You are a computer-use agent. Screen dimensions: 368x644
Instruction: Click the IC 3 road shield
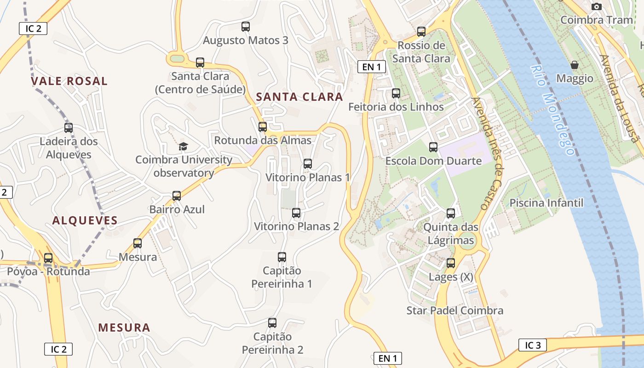pyautogui.click(x=533, y=345)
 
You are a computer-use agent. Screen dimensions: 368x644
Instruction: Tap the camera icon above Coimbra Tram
pyautogui.click(x=597, y=6)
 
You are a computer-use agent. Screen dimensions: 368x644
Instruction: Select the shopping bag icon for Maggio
pyautogui.click(x=574, y=65)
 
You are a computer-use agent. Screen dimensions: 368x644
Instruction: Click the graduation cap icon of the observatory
pyautogui.click(x=183, y=146)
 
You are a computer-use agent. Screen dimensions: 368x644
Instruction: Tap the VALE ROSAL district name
pyautogui.click(x=69, y=81)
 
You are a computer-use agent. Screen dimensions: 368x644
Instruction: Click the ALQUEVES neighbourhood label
pyautogui.click(x=85, y=220)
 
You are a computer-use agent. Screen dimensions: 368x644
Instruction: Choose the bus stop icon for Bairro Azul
pyautogui.click(x=177, y=196)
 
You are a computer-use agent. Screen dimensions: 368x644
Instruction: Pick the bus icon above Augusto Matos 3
pyautogui.click(x=246, y=27)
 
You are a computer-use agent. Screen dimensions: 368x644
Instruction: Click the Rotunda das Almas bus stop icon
pyautogui.click(x=263, y=127)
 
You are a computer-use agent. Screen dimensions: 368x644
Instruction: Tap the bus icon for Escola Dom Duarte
pyautogui.click(x=433, y=147)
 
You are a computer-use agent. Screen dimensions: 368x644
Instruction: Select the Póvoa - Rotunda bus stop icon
pyautogui.click(x=48, y=258)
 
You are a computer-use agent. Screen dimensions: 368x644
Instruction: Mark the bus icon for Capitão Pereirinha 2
pyautogui.click(x=272, y=323)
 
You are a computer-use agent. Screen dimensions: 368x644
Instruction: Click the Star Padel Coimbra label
pyautogui.click(x=454, y=310)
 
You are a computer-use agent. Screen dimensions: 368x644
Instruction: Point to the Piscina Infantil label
pyautogui.click(x=546, y=203)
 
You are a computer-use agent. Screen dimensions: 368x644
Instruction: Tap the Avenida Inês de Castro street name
pyautogui.click(x=487, y=154)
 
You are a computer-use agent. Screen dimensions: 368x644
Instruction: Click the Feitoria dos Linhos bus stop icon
pyautogui.click(x=396, y=93)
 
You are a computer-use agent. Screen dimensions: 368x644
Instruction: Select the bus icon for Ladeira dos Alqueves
pyautogui.click(x=69, y=128)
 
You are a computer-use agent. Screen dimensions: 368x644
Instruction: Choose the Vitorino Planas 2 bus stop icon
pyautogui.click(x=296, y=213)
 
